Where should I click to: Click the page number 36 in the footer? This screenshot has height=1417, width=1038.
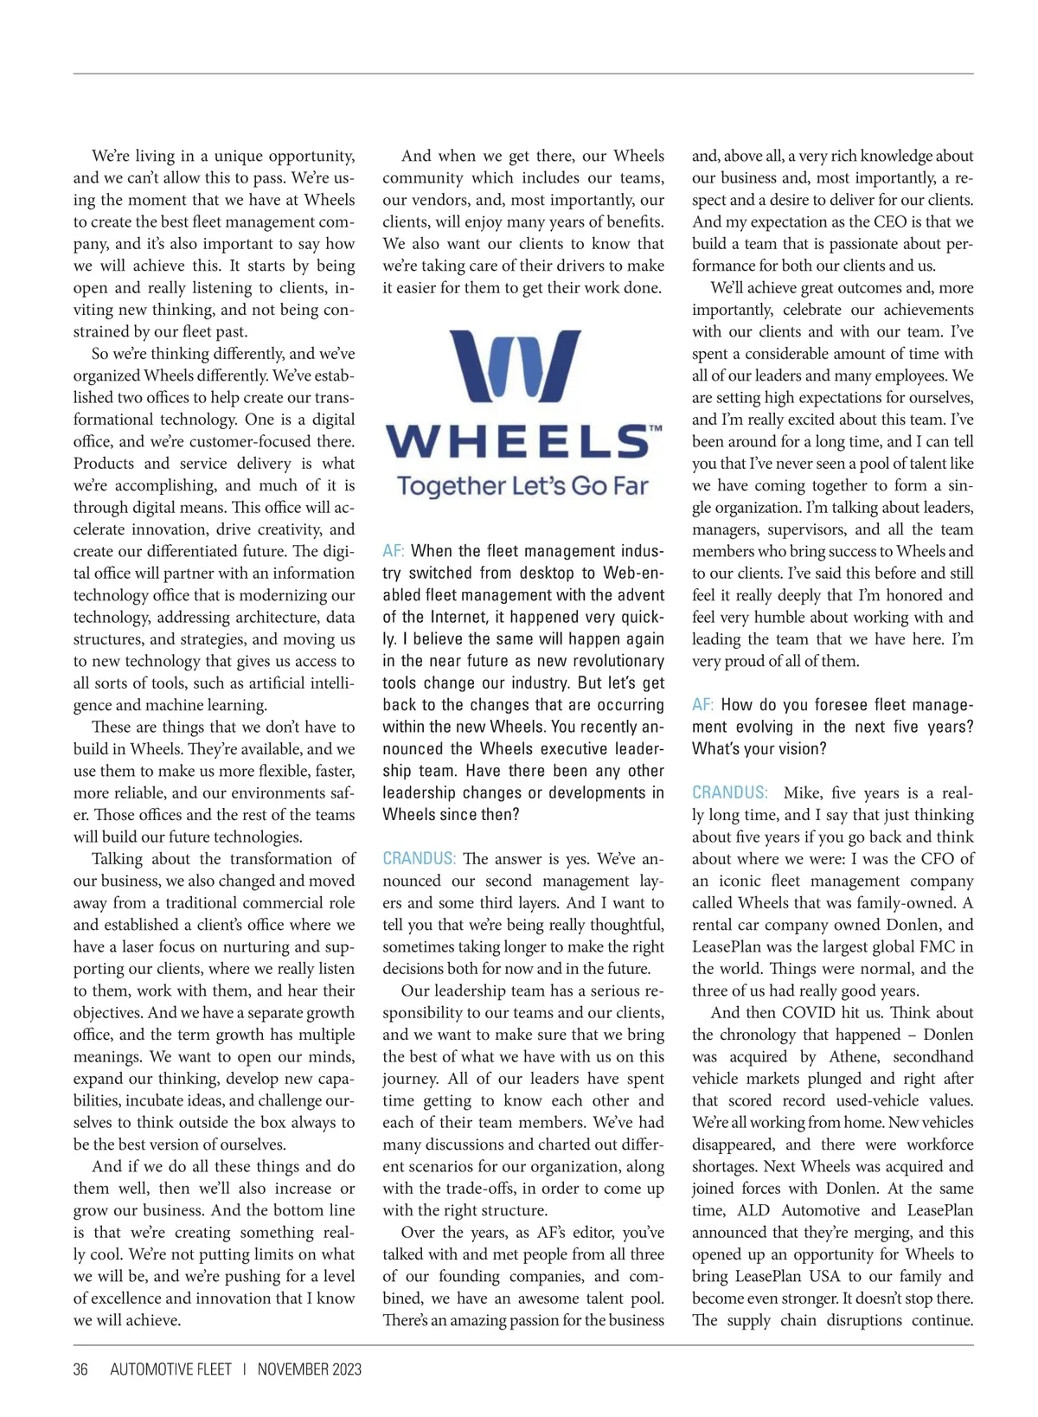80,1369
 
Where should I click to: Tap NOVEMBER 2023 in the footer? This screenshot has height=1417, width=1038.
309,1369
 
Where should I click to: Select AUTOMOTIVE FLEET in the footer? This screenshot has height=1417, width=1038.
170,1369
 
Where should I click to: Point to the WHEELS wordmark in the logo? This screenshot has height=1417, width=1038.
516,442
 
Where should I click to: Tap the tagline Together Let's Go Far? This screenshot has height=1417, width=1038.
522,485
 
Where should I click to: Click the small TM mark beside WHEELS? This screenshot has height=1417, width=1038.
655,428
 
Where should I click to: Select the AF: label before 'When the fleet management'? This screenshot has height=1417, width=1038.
394,551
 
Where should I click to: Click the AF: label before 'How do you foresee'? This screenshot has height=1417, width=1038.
702,705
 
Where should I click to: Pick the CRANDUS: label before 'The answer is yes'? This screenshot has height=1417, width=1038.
420,859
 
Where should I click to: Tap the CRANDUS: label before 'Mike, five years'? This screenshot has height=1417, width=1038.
729,792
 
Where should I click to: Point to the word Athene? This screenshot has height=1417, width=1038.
853,1056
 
